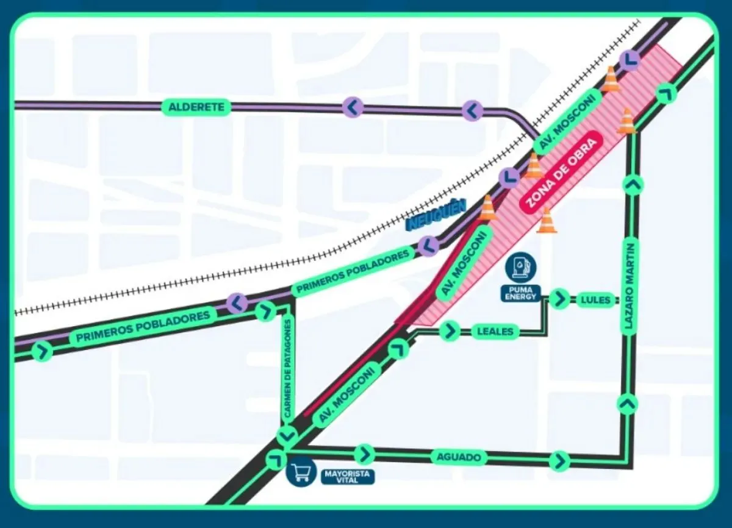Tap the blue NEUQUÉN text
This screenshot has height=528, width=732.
436,216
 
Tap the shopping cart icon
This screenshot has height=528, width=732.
301,472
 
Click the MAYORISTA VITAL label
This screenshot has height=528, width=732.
348,476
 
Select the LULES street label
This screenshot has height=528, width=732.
594,299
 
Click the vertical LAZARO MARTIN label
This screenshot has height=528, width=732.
630,287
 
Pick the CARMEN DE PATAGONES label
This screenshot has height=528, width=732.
288,370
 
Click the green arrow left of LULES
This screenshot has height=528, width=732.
559,299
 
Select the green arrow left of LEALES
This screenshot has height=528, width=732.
450,331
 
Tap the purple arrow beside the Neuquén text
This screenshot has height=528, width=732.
429,246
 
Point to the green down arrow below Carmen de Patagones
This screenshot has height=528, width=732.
286,436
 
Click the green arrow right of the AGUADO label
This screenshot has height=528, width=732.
559,461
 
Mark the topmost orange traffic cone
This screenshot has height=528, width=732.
611,79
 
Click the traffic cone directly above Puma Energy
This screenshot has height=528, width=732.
546,220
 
